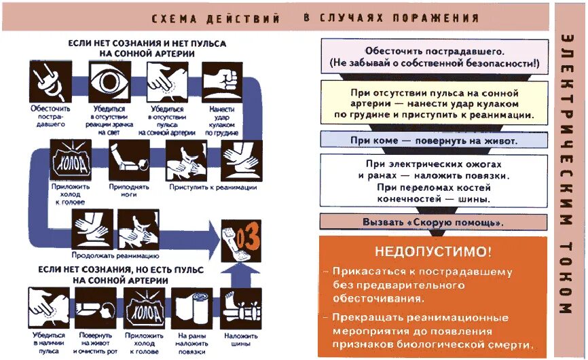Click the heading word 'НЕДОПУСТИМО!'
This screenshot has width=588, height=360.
pos(433,251)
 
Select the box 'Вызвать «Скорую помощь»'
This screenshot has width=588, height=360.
pos(433,222)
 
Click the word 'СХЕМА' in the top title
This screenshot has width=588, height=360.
pos(172,19)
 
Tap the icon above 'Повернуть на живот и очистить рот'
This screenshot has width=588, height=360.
pos(94,307)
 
